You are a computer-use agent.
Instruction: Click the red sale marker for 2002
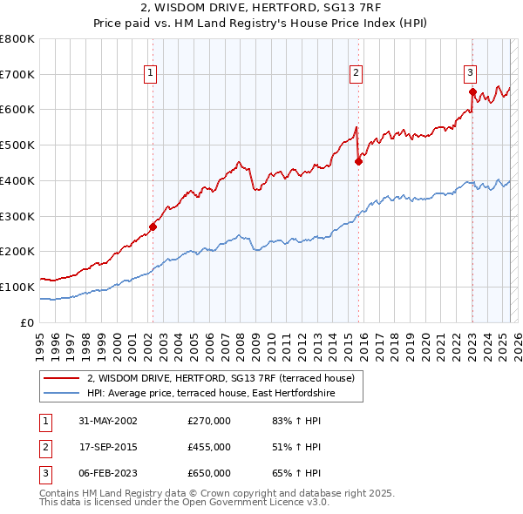coord(153,227)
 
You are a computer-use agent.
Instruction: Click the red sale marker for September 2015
coord(358,161)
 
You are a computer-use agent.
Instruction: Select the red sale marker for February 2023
coord(472,91)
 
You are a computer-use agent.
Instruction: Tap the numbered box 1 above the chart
coord(152,73)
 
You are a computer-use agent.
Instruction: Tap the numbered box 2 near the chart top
coord(357,73)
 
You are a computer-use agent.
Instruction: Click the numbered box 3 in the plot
coord(471,73)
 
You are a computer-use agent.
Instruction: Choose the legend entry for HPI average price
coord(210,394)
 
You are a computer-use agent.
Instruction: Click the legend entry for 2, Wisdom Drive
coord(221,379)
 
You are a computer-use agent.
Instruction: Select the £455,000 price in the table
coord(209,447)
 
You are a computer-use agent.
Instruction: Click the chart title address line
coord(261,9)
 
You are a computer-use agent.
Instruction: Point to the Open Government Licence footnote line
coord(185,503)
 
